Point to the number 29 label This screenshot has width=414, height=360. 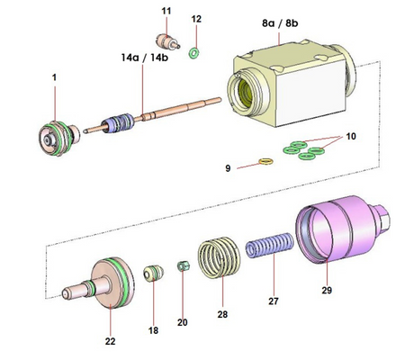327,291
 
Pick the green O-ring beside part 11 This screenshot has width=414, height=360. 193,53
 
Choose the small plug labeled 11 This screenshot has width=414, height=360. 166,40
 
